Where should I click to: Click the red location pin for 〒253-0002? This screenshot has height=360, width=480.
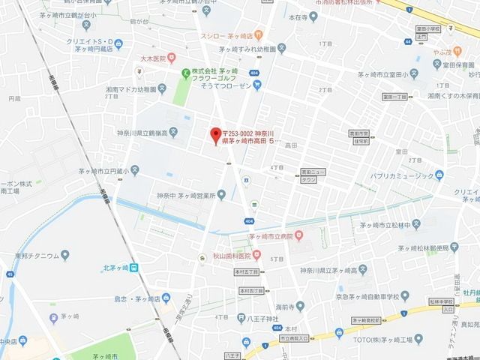tap(214, 133)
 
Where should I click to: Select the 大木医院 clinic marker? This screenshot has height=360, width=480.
tap(172, 56)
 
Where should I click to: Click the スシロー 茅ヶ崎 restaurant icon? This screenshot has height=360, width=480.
tap(257, 34)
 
